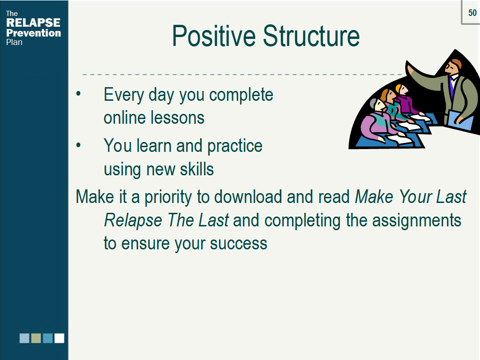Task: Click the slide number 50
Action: (472, 13)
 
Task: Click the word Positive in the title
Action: (214, 36)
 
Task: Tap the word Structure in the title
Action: (311, 36)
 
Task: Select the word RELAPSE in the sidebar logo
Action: (33, 22)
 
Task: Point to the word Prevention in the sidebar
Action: (34, 33)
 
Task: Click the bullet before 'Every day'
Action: (78, 93)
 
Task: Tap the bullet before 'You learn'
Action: (78, 145)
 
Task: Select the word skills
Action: (197, 169)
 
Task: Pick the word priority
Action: (168, 197)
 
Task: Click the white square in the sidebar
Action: (60, 338)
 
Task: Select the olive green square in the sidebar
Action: (36, 338)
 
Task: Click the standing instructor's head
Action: (453, 66)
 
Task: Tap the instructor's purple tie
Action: (452, 87)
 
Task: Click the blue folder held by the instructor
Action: (461, 120)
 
